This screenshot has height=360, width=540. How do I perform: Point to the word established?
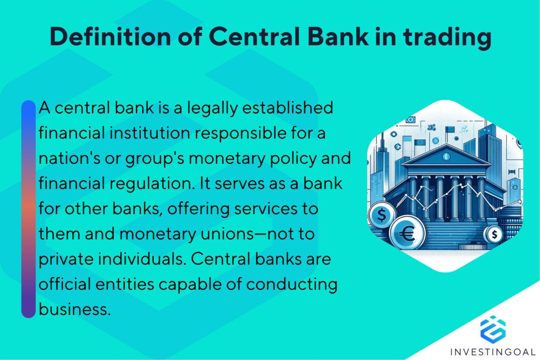286,109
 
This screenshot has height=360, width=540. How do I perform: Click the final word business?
74,308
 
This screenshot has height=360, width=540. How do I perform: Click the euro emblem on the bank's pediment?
446,157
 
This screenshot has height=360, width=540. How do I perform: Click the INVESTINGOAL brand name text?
493,352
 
